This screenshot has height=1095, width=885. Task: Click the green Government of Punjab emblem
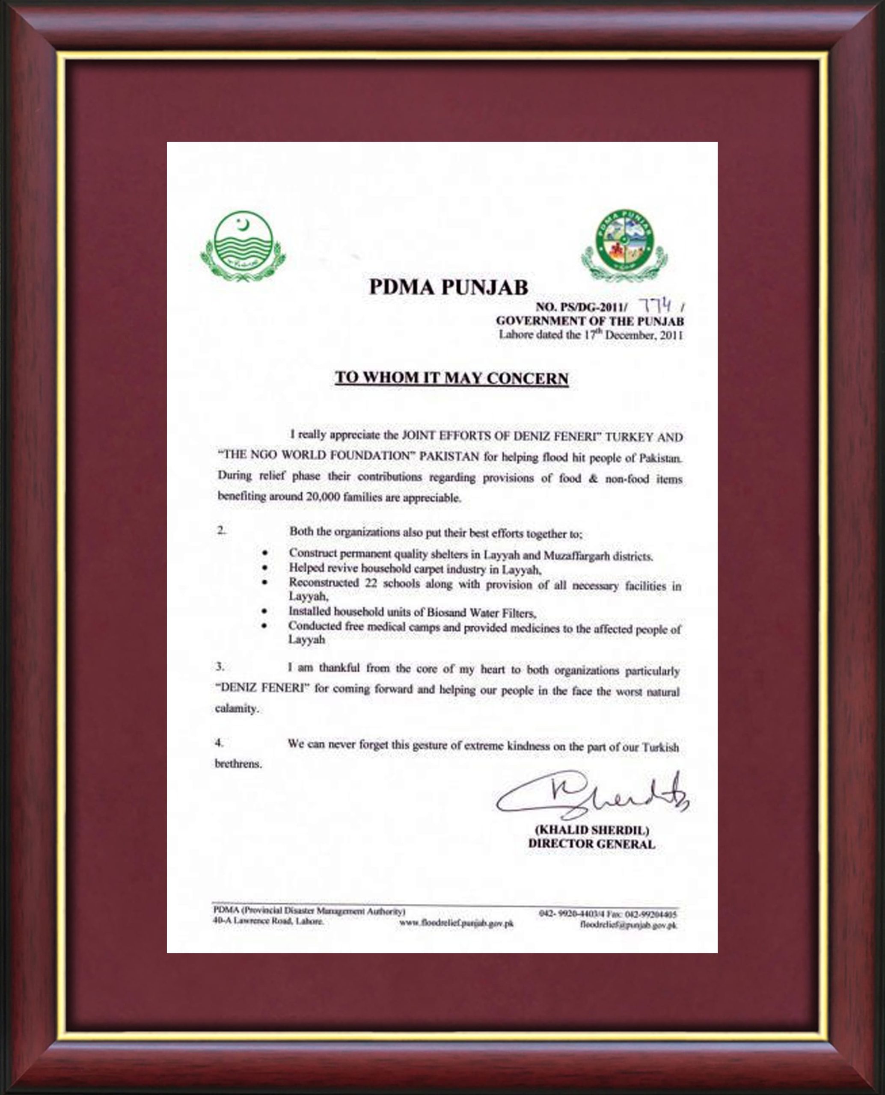[x=243, y=246]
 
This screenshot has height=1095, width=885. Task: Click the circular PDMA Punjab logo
[x=624, y=244]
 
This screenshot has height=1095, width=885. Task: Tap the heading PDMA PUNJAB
[x=448, y=287]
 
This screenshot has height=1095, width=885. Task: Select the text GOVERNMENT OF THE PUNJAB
[x=589, y=321]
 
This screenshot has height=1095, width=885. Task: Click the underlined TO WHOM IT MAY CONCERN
[x=451, y=378]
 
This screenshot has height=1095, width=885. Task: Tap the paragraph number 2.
[x=221, y=530]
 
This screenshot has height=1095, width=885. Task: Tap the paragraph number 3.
[x=220, y=666]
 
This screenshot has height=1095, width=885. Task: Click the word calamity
[x=237, y=708]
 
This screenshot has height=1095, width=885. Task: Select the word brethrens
[x=238, y=764]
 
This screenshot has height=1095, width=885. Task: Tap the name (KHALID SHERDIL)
[x=591, y=831]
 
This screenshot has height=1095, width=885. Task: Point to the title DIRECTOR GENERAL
[x=591, y=844]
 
